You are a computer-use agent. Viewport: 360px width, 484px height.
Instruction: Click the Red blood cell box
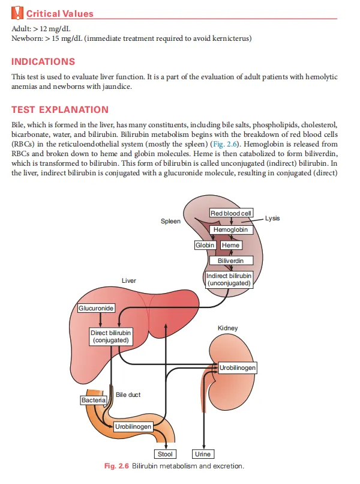231,213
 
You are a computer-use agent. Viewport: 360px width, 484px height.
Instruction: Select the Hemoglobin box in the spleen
231,229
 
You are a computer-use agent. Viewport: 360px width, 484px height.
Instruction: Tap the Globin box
205,245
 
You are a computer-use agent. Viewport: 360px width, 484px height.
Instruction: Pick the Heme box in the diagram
231,245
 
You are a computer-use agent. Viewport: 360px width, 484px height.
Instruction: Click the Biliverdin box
231,261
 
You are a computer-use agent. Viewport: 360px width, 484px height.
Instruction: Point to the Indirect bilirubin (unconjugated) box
229,279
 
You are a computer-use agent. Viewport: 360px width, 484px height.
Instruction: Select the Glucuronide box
96,308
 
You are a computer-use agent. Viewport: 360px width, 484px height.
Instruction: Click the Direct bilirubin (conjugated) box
111,336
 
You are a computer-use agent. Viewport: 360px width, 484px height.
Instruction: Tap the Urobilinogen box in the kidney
238,367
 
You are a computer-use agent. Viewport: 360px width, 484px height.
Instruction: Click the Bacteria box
94,399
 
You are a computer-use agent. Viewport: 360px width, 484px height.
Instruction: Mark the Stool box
165,455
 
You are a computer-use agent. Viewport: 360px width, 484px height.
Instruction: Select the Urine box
203,455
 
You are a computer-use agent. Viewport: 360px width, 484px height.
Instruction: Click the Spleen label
170,222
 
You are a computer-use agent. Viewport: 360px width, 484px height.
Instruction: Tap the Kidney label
227,328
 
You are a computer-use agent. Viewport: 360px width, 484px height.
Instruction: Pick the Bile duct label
128,395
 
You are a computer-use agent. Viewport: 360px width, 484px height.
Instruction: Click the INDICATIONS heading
44,61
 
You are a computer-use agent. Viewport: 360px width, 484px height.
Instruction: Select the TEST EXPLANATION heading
60,109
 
